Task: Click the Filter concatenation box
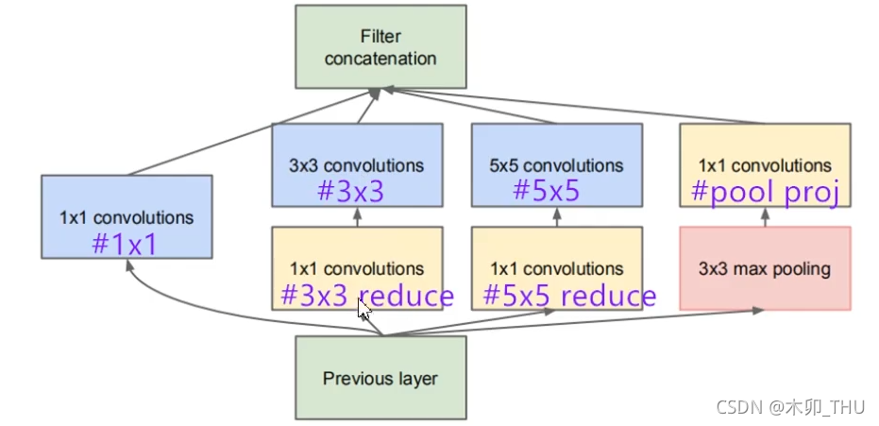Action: pos(380,47)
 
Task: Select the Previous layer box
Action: pos(380,378)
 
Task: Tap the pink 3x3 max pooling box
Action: pos(765,268)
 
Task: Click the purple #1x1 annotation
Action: pos(123,245)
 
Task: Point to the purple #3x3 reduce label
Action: pos(367,296)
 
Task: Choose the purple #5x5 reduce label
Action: pos(569,296)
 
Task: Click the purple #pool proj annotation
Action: pos(765,192)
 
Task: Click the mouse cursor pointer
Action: pos(364,308)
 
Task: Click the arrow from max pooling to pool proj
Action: pos(765,216)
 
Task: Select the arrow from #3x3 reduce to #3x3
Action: pos(357,216)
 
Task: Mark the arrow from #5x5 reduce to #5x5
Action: pos(556,216)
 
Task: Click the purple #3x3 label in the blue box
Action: pos(350,192)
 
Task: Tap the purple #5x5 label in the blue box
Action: pos(546,192)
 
